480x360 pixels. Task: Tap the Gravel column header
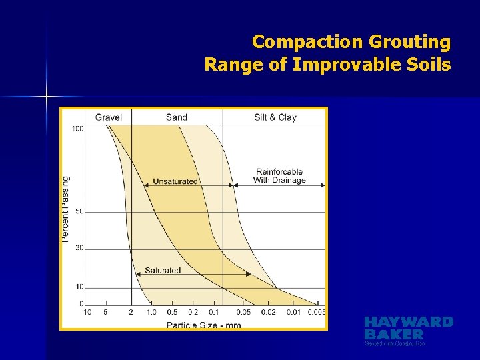pos(108,117)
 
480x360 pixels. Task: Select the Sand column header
pos(177,117)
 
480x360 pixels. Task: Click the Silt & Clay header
pos(275,117)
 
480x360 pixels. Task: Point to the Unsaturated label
pos(175,181)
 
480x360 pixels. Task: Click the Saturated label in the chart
pos(163,271)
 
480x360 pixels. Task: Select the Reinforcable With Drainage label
pos(279,176)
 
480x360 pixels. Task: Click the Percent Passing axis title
pos(66,209)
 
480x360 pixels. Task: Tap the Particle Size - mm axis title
pos(203,325)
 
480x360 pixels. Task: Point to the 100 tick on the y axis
pos(78,129)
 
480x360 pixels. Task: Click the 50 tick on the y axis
pos(79,212)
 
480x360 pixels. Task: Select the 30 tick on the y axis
pos(79,248)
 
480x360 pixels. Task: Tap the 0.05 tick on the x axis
pos(243,312)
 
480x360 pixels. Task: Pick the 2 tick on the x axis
pos(131,312)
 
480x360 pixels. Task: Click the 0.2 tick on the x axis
pos(193,312)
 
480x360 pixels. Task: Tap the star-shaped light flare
pos(47,97)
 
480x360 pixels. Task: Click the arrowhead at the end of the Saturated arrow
pos(249,274)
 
